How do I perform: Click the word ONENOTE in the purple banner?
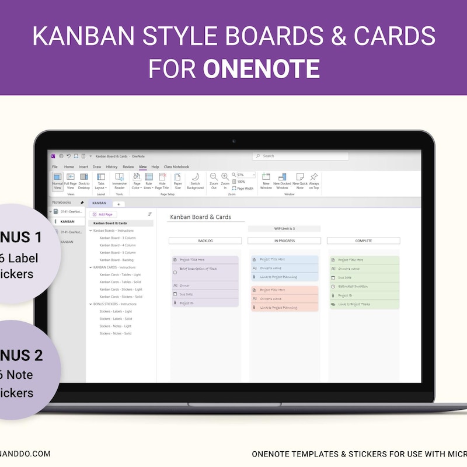coord(261,69)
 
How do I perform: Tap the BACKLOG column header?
coord(205,241)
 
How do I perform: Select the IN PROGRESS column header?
coord(284,241)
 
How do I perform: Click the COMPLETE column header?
coord(363,241)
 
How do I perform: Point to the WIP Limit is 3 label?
coord(284,229)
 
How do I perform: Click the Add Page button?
coord(103,214)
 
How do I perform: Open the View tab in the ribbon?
coord(142,167)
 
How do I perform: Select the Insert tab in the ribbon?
coord(84,167)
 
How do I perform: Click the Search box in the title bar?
coord(301,156)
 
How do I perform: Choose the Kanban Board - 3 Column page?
coord(117,238)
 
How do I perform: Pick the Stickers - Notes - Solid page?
coord(115,333)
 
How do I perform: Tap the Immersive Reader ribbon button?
coord(119,180)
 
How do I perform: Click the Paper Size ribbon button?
coord(177,180)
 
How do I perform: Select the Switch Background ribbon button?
coord(195,180)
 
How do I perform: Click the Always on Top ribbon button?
coord(314,180)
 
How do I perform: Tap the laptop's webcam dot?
coord(233,141)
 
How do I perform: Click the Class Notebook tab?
coord(176,167)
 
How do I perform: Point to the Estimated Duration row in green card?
coord(354,286)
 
